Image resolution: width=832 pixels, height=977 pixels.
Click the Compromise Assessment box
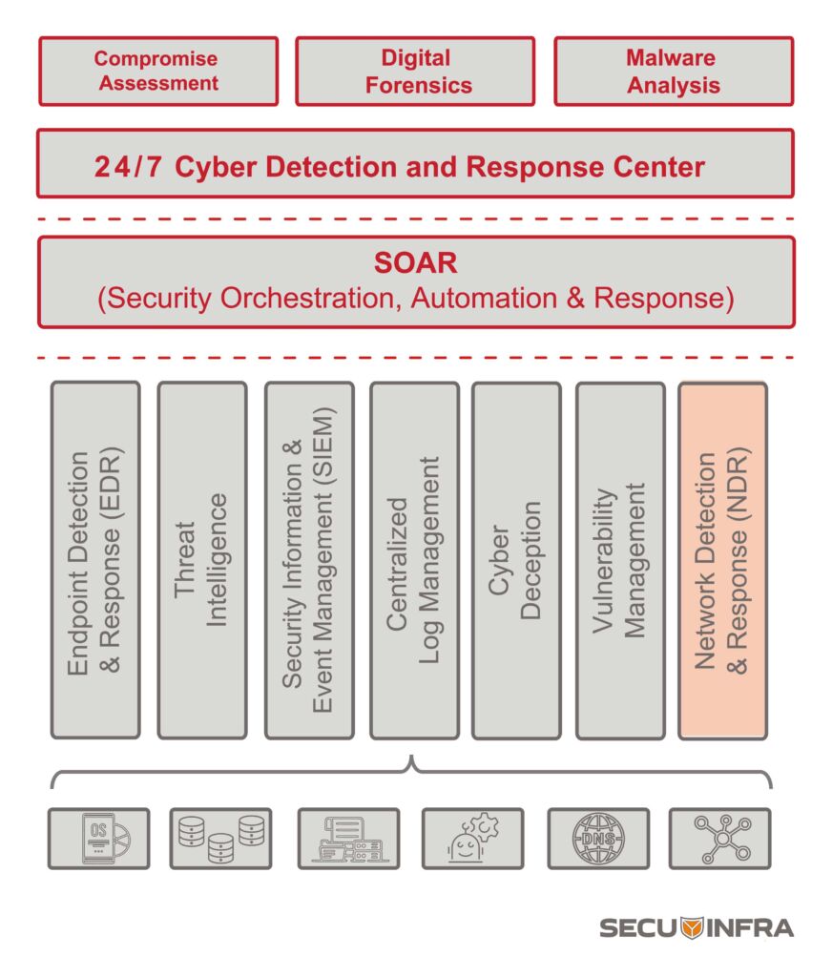point(158,71)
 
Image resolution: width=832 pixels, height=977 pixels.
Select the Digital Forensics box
point(415,71)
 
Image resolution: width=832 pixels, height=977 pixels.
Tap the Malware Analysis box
point(674,71)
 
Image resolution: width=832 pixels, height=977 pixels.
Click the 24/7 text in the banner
point(128,167)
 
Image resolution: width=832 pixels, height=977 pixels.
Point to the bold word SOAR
point(415,263)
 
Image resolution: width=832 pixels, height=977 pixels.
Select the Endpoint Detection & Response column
point(95,560)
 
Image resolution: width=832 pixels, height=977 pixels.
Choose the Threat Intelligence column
point(201,560)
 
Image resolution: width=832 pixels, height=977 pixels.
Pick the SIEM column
point(309,560)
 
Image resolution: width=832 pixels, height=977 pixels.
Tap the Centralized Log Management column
point(414,560)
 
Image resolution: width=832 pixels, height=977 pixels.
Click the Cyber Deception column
point(516,560)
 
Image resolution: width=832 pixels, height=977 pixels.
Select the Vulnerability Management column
point(620,560)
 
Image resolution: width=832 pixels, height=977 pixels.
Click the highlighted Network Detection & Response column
point(722,560)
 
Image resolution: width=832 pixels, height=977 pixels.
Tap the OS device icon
point(99,839)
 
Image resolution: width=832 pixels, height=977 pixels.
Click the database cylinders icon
point(220,839)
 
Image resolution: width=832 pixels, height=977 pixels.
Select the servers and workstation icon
point(348,839)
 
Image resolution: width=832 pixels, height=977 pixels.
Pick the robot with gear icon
point(472,839)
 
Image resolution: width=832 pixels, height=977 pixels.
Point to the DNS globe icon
point(598,839)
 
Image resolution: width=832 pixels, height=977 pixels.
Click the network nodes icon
point(719,839)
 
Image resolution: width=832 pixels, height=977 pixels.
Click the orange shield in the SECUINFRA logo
point(693,926)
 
